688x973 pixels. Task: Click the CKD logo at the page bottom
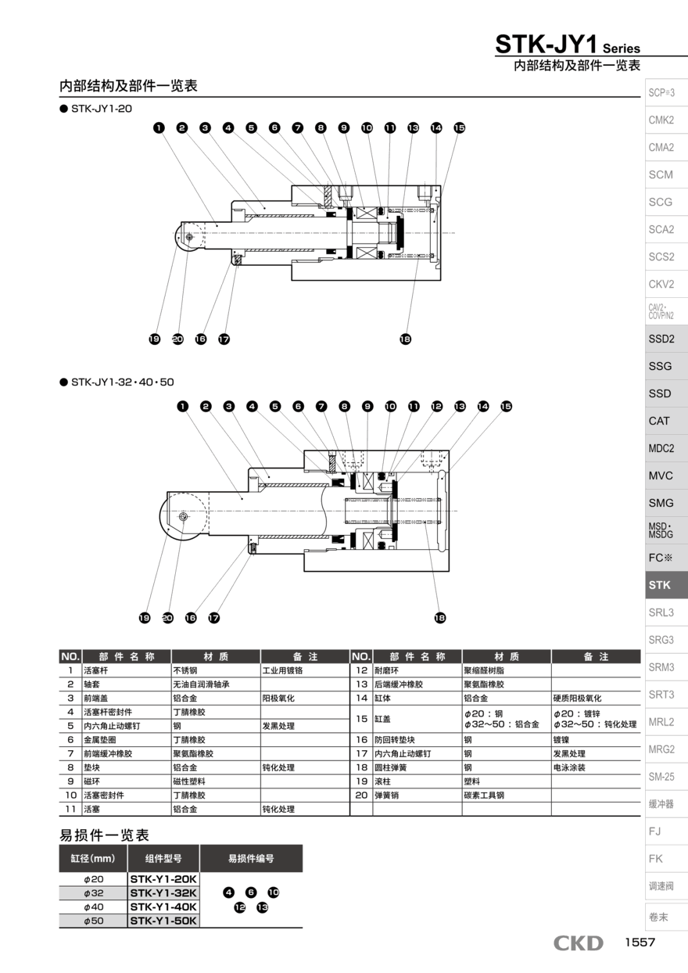coord(579,943)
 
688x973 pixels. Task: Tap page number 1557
coord(640,942)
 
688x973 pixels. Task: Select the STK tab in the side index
coord(666,585)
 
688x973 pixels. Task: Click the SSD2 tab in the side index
coord(666,339)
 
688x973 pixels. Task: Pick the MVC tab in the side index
coord(666,476)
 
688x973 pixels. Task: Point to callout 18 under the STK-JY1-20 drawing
coord(406,339)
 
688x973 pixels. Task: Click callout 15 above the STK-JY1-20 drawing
coord(459,127)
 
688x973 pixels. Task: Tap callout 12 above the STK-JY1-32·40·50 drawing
coord(437,406)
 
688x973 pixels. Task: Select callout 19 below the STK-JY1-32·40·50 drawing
coord(145,618)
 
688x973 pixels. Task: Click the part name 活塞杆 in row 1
coord(95,670)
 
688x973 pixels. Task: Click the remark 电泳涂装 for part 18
coord(569,767)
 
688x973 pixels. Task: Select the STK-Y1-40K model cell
coord(163,907)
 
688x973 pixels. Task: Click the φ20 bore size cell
coord(93,879)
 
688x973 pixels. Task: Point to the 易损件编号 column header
coord(251,858)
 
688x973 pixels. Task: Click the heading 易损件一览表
coord(104,835)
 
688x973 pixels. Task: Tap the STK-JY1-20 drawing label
coord(101,109)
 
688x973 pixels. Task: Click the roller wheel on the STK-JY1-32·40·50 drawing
coord(182,516)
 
